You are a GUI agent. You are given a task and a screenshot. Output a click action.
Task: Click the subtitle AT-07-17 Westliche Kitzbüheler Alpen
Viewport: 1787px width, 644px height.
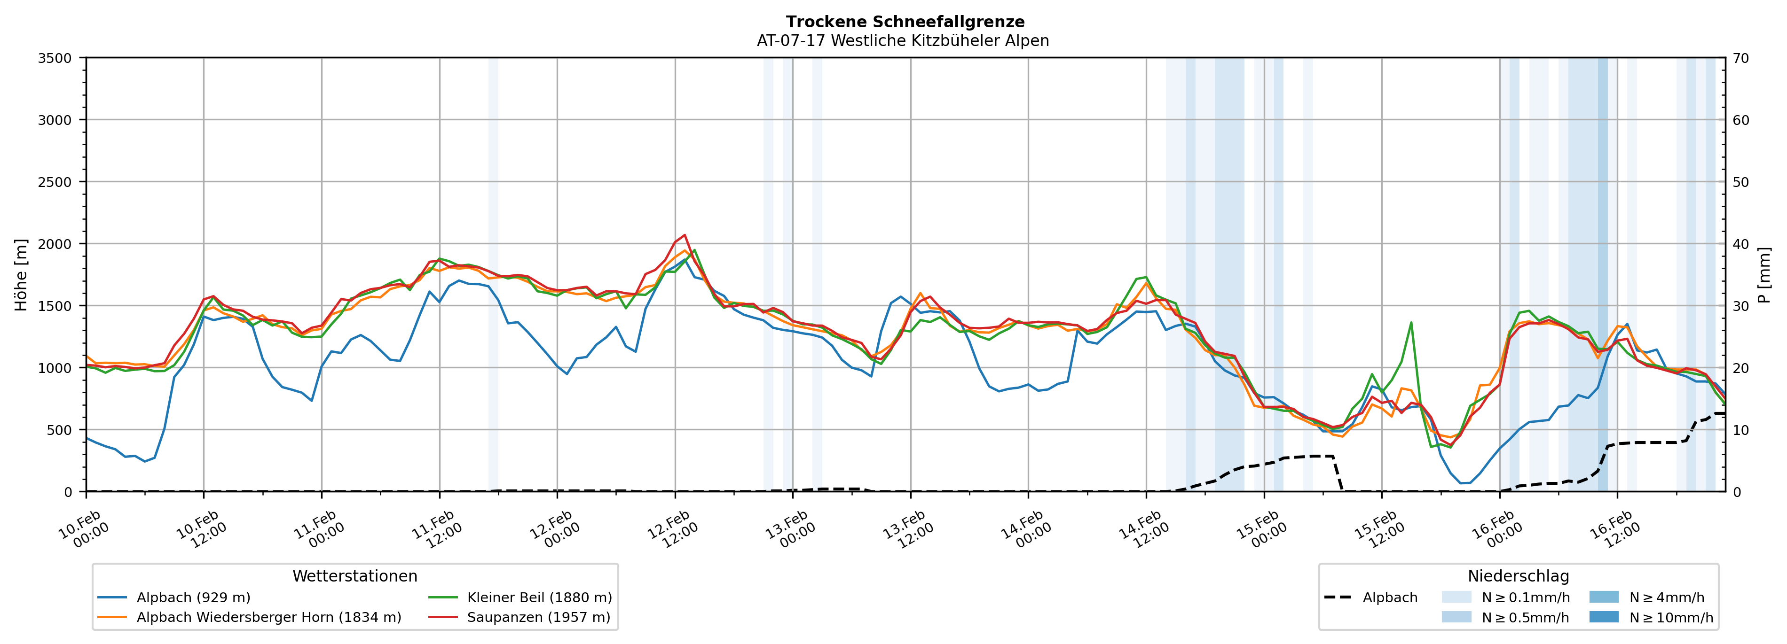point(903,41)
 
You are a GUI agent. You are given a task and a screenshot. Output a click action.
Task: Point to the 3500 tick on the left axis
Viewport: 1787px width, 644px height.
point(55,58)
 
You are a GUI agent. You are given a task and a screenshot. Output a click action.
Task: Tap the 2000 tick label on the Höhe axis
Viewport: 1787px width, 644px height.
point(55,244)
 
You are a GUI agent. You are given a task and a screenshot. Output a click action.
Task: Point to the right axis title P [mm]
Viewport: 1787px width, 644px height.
point(1765,274)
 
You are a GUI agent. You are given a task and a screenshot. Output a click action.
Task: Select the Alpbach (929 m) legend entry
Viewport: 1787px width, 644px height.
point(193,597)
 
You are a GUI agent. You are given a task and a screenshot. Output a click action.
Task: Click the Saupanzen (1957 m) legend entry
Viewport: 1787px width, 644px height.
point(538,617)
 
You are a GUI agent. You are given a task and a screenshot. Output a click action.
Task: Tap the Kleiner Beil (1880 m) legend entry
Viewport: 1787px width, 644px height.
point(539,597)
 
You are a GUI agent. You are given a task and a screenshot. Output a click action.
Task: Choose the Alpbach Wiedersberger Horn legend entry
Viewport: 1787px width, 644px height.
point(268,617)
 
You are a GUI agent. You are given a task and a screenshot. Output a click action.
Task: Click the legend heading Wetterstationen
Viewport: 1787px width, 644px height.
point(354,576)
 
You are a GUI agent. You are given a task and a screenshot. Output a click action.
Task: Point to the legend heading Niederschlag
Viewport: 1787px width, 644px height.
point(1518,576)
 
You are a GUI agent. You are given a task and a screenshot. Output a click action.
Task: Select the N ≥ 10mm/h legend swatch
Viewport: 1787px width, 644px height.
point(1604,617)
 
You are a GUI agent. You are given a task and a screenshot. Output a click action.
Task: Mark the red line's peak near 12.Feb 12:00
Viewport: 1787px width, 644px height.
point(685,235)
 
